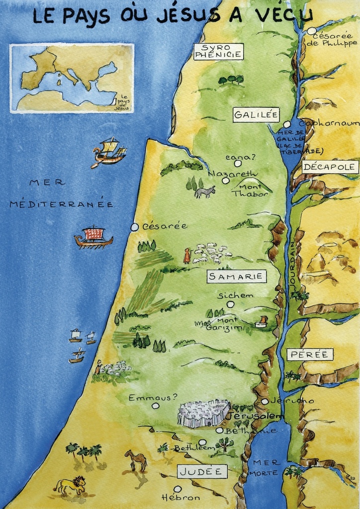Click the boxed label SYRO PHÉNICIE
[218, 51]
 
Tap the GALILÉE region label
[256, 115]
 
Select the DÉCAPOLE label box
[330, 167]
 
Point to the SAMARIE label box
[237, 277]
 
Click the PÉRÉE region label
[310, 354]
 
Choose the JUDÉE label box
[202, 471]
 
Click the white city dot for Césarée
[134, 227]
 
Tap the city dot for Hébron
[178, 489]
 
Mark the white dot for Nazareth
[226, 180]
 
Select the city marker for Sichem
[230, 304]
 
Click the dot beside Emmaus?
[156, 406]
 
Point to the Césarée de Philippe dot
[311, 31]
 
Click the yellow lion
[70, 485]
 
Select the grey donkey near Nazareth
[204, 192]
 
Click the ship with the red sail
[93, 237]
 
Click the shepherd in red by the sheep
[187, 255]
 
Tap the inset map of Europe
[72, 78]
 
